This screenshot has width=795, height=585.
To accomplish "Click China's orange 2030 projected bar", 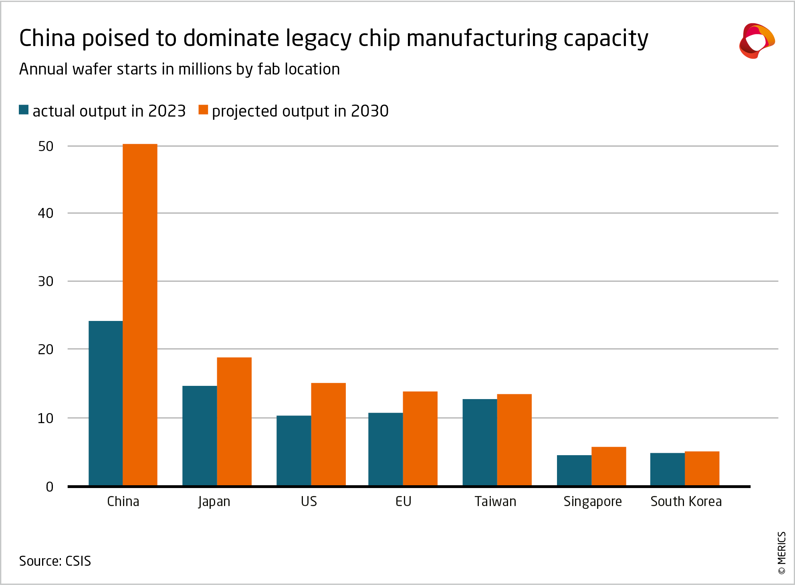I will pyautogui.click(x=140, y=315).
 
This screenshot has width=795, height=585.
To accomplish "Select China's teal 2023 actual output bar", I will pyautogui.click(x=105, y=403).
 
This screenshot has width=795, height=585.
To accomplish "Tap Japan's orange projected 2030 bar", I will pyautogui.click(x=234, y=421).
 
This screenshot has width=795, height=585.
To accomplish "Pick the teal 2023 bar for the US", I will pyautogui.click(x=293, y=450).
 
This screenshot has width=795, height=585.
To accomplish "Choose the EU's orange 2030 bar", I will pyautogui.click(x=420, y=438).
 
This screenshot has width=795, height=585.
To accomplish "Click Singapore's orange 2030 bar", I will pyautogui.click(x=608, y=466).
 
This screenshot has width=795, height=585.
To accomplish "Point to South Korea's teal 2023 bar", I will pyautogui.click(x=667, y=469).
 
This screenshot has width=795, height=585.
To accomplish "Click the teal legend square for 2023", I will pyautogui.click(x=24, y=110).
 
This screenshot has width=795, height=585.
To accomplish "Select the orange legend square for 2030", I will pyautogui.click(x=203, y=110).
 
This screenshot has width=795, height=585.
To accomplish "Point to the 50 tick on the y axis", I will pyautogui.click(x=46, y=147).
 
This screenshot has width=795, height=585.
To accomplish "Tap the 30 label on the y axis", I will pyautogui.click(x=46, y=282).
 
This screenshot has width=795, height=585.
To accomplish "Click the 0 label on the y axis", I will pyautogui.click(x=49, y=487).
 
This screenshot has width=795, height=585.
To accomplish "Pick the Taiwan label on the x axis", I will pyautogui.click(x=495, y=502).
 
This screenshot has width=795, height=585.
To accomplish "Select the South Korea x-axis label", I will pyautogui.click(x=686, y=502).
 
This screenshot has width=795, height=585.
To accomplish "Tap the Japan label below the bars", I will pyautogui.click(x=214, y=502).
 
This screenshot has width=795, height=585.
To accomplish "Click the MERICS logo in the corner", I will pyautogui.click(x=757, y=41).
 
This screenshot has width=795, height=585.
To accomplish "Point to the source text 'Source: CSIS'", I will pyautogui.click(x=55, y=561).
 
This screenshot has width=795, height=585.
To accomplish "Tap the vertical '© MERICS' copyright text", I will pyautogui.click(x=782, y=553).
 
